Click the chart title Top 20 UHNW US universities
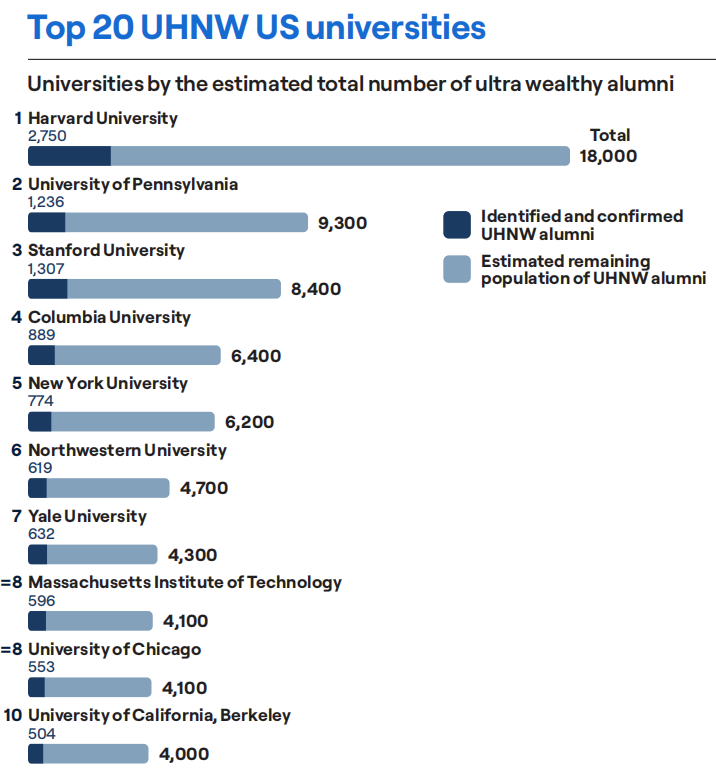coord(257,27)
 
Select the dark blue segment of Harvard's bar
coord(69,156)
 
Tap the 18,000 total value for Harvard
coord(608,156)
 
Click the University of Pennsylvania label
coord(133,184)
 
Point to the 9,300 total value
coord(342,223)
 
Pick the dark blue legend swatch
coord(457,224)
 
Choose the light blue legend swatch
coord(457,269)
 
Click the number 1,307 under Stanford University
coord(47,268)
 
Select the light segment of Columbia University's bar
coord(137,355)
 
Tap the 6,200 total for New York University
coord(249,422)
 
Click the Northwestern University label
coord(127,450)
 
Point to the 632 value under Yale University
coord(41,534)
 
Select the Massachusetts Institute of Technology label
coord(185,582)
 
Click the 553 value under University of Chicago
coord(41,667)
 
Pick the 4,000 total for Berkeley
coord(184,754)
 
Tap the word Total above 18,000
coord(610,135)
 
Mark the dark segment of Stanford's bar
coord(47,289)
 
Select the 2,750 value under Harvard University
coord(47,136)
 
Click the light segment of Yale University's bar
coord(102,554)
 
